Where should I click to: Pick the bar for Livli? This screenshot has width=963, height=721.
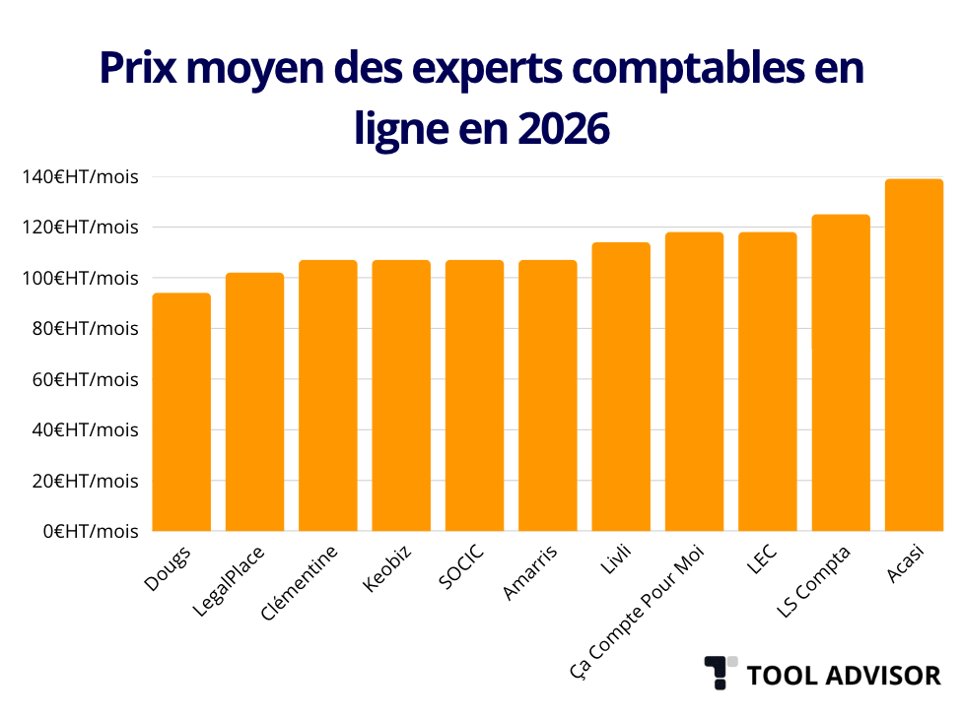point(621,386)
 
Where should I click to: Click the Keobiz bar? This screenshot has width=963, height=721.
point(401,396)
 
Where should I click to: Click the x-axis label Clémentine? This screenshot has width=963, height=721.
point(301,581)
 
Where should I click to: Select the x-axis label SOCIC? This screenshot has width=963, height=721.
point(462,563)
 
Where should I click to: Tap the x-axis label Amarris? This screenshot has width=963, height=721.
point(530,571)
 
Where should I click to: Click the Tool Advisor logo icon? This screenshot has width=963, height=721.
point(721,673)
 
